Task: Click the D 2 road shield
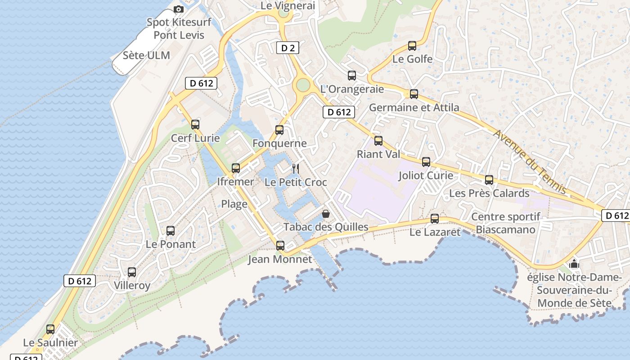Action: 288,48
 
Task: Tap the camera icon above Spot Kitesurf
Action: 179,9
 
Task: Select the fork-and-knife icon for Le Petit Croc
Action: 296,169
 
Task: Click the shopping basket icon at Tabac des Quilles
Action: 326,214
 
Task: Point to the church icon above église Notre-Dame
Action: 574,264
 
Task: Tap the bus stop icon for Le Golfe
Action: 412,46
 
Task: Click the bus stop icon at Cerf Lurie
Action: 195,125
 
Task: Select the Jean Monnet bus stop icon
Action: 280,246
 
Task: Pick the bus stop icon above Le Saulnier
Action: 50,329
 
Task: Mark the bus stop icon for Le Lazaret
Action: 435,219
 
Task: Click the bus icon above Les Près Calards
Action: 489,180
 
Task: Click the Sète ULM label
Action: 147,55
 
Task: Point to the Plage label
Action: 234,204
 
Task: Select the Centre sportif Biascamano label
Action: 506,223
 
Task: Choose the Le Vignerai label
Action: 288,6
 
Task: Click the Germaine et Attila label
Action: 414,107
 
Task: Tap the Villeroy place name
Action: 132,285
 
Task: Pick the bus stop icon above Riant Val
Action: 378,141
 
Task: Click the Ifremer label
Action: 235,182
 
